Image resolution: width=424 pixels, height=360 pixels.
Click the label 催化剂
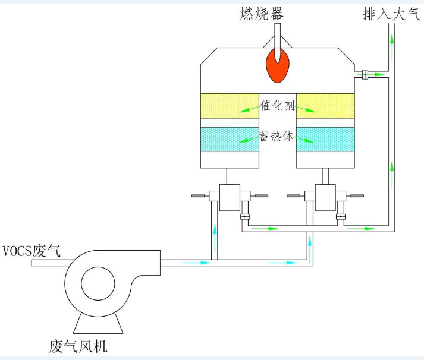[x=278, y=108]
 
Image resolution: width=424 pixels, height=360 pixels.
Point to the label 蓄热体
[x=278, y=136]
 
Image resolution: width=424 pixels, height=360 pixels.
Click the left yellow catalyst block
[x=230, y=108]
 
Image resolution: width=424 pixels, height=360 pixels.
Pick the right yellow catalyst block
[x=325, y=108]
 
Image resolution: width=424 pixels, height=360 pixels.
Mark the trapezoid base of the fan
[x=98, y=322]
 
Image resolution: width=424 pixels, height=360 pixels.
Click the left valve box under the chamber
[x=230, y=196]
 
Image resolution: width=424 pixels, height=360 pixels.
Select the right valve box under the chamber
[x=325, y=196]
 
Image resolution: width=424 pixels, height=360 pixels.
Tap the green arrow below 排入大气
[x=392, y=38]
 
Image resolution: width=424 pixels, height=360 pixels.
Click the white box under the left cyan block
[x=230, y=160]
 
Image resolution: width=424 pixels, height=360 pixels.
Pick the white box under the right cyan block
[x=325, y=160]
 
